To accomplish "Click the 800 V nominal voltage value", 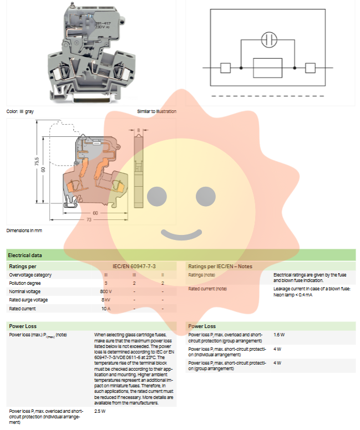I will pyautogui.click(x=106, y=291).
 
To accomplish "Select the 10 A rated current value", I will pyautogui.click(x=106, y=308).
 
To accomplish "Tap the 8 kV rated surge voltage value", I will pyautogui.click(x=106, y=300).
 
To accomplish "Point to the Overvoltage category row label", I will pyautogui.click(x=31, y=275).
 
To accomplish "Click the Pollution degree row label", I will pyautogui.click(x=25, y=283).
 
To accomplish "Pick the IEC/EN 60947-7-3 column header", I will pyautogui.click(x=133, y=267).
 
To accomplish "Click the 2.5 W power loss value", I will pyautogui.click(x=100, y=412).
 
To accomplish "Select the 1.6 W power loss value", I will pyautogui.click(x=279, y=335).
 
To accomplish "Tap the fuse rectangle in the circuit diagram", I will pyautogui.click(x=268, y=68).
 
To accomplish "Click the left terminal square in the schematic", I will pyautogui.click(x=225, y=68).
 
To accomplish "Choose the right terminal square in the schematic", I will pyautogui.click(x=310, y=68).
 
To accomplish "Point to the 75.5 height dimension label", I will pyautogui.click(x=36, y=165).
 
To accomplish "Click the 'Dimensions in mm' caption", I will pyautogui.click(x=24, y=230).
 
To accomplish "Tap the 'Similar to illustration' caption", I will pyautogui.click(x=156, y=111).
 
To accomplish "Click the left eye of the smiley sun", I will pyautogui.click(x=155, y=194).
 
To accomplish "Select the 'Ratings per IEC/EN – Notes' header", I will pyautogui.click(x=220, y=267).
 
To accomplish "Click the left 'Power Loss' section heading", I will pyautogui.click(x=23, y=326).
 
